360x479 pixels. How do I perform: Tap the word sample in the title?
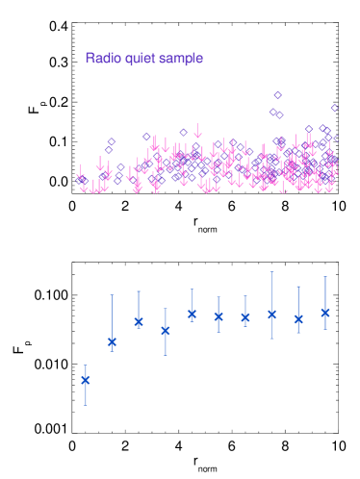pyautogui.click(x=181, y=59)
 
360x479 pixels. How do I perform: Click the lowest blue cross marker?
pyautogui.click(x=86, y=379)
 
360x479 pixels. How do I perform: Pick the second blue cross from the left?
pyautogui.click(x=113, y=341)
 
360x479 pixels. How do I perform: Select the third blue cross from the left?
pyautogui.click(x=139, y=321)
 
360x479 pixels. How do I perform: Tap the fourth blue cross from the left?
pyautogui.click(x=166, y=331)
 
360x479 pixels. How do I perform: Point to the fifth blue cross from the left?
pyautogui.click(x=192, y=314)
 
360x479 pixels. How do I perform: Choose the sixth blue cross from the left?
pyautogui.click(x=219, y=316)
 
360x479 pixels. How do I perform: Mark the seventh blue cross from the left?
pyautogui.click(x=245, y=317)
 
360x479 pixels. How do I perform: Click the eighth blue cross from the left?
pyautogui.click(x=271, y=314)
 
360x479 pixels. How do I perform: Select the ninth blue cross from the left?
pyautogui.click(x=298, y=318)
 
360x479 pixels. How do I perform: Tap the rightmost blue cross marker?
pyautogui.click(x=325, y=313)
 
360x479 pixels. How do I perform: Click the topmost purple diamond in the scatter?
pyautogui.click(x=277, y=95)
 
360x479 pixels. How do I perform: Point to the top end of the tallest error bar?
pyautogui.click(x=271, y=271)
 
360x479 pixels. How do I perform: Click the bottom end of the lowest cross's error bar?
pyautogui.click(x=86, y=405)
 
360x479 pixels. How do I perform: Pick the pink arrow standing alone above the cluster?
pyautogui.click(x=197, y=129)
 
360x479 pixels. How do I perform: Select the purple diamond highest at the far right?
pyautogui.click(x=334, y=108)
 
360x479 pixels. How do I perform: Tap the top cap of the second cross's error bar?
pyautogui.click(x=113, y=294)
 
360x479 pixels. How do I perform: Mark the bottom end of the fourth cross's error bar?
pyautogui.click(x=166, y=355)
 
